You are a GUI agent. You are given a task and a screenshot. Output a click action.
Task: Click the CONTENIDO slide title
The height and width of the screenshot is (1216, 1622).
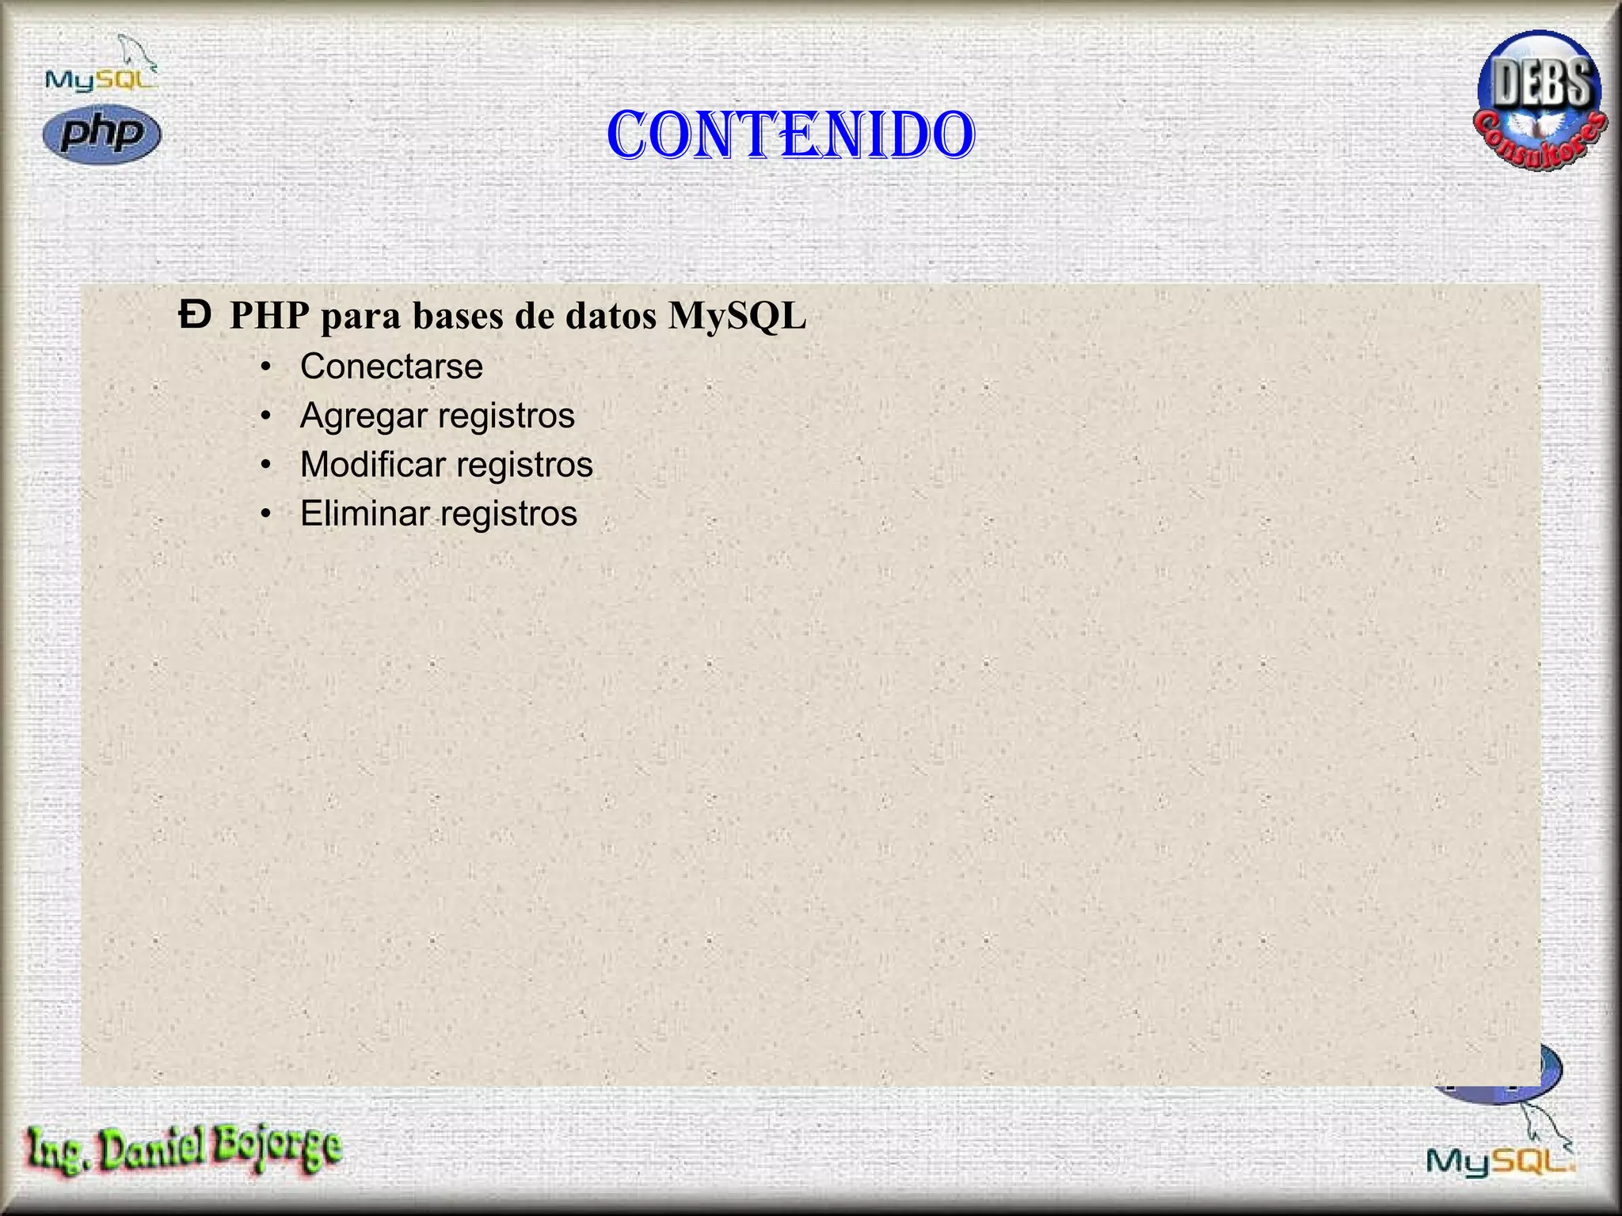790,135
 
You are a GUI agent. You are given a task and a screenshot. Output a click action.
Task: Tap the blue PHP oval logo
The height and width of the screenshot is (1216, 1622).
101,134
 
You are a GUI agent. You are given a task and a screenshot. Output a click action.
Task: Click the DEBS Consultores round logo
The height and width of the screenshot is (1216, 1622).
1540,101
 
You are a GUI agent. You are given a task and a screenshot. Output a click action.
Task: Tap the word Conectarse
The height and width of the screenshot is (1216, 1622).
391,367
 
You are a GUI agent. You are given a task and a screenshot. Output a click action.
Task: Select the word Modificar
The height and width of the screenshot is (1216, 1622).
373,465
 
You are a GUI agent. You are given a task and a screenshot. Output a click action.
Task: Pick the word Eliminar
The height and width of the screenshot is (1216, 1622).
364,514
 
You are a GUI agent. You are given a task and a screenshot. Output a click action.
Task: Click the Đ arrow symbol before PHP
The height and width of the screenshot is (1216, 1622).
195,315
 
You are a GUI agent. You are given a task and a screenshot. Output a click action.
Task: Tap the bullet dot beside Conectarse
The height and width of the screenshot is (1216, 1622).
266,367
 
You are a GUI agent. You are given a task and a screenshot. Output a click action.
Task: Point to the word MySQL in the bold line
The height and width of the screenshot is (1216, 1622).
737,316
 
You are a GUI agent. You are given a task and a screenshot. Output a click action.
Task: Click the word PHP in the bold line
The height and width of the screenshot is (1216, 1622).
269,316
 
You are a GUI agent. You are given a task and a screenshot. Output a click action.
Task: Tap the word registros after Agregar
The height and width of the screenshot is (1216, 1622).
506,416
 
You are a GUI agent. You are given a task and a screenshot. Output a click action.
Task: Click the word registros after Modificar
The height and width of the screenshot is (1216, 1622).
524,465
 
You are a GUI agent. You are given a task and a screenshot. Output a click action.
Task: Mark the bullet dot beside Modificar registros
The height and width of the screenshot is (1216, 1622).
266,465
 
